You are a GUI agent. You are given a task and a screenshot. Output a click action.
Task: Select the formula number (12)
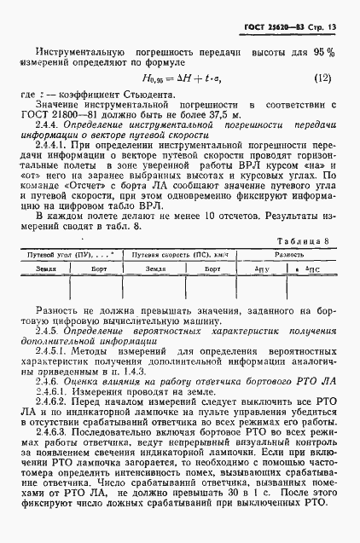[321, 78]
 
